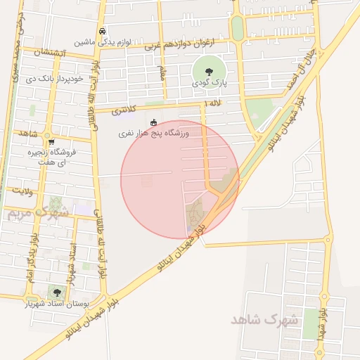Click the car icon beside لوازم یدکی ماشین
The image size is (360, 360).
[103, 32]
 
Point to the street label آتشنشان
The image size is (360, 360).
[53, 53]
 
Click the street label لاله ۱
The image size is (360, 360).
[212, 103]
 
